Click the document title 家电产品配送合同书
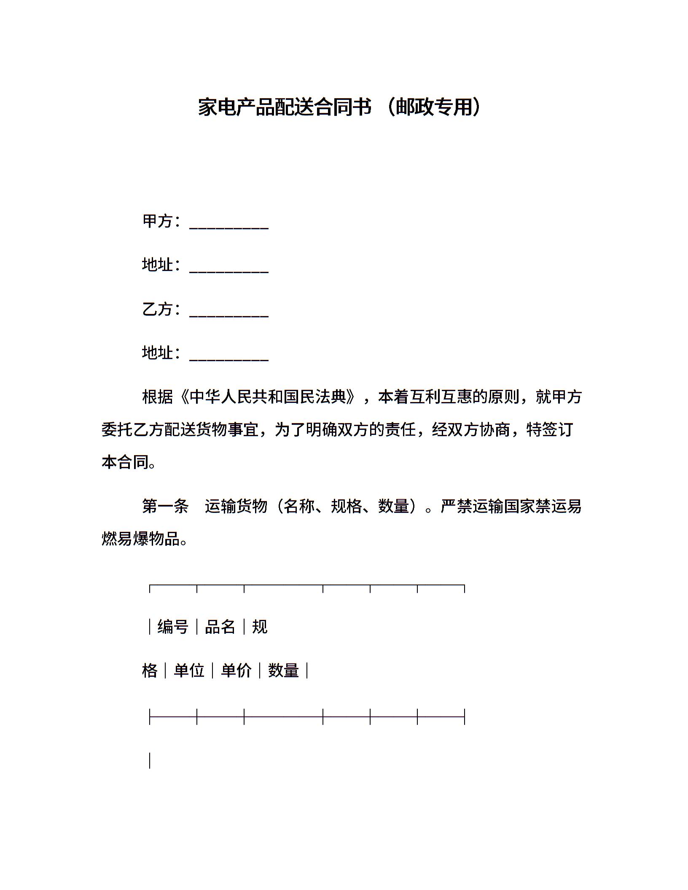(285, 107)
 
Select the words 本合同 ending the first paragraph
(125, 463)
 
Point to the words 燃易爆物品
(141, 539)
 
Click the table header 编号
(173, 627)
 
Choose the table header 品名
(220, 627)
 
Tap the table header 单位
(189, 670)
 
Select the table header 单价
(236, 670)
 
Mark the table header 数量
(283, 670)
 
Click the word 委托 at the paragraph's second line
(117, 430)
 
